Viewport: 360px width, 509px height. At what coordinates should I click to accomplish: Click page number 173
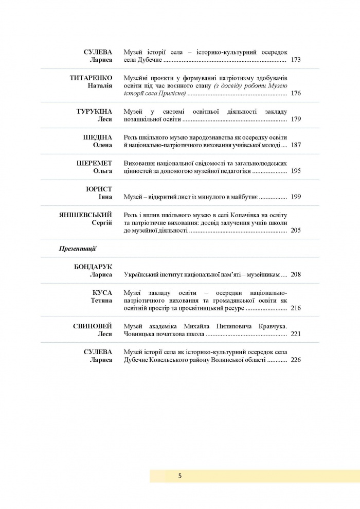click(x=296, y=60)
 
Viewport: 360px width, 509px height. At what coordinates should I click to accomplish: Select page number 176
click(x=296, y=94)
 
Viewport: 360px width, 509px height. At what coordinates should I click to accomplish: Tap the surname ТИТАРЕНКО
click(x=91, y=78)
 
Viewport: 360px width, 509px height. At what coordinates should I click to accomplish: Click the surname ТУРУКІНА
click(x=94, y=111)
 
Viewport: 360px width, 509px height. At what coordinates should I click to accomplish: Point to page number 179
click(x=296, y=119)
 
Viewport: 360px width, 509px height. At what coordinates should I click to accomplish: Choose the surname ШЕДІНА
click(x=98, y=137)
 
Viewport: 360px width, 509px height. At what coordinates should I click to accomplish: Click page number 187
click(x=296, y=146)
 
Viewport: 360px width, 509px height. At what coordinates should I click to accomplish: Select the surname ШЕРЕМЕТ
click(x=94, y=163)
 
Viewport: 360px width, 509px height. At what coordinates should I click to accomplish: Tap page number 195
click(x=296, y=171)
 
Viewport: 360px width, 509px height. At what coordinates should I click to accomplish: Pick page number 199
click(x=296, y=197)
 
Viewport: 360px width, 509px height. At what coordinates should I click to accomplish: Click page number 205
click(x=296, y=231)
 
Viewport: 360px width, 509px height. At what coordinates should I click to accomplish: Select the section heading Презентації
click(x=78, y=249)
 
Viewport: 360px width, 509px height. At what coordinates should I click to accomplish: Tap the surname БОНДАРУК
click(x=93, y=267)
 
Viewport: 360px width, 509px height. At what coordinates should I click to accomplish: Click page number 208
click(x=296, y=274)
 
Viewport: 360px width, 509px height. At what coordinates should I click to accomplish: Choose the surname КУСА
click(x=102, y=292)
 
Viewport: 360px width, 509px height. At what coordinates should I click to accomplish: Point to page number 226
click(x=296, y=360)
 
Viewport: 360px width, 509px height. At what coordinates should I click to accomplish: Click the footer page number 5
click(x=180, y=476)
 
